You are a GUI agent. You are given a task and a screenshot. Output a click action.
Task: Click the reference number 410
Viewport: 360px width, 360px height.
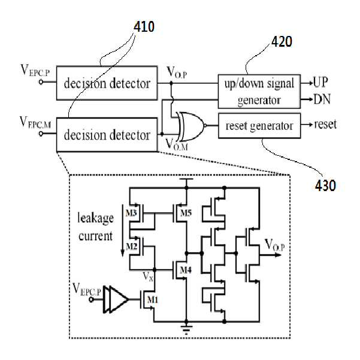pyautogui.click(x=144, y=27)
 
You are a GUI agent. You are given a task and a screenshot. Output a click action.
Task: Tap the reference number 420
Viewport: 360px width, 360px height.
pyautogui.click(x=282, y=42)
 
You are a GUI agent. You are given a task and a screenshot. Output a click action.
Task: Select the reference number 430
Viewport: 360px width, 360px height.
pyautogui.click(x=325, y=186)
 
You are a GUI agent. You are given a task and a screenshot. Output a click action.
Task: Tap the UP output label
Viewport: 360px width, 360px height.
pyautogui.click(x=320, y=82)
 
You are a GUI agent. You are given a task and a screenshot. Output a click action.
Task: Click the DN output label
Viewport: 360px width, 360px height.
pyautogui.click(x=322, y=99)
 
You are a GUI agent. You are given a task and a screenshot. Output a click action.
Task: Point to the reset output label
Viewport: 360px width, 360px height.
pyautogui.click(x=326, y=125)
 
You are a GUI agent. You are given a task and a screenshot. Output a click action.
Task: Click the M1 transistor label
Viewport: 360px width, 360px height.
pyautogui.click(x=153, y=300)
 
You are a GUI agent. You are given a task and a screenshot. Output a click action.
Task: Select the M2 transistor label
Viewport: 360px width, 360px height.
pyautogui.click(x=131, y=247)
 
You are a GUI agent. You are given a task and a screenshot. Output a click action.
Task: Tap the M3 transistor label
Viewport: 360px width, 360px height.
pyautogui.click(x=131, y=213)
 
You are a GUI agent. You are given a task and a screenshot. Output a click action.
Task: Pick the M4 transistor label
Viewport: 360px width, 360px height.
pyautogui.click(x=186, y=270)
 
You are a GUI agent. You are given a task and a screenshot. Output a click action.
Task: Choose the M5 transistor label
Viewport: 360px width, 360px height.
pyautogui.click(x=186, y=213)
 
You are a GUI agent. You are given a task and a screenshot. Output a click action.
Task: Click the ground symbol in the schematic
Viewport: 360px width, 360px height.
pyautogui.click(x=186, y=328)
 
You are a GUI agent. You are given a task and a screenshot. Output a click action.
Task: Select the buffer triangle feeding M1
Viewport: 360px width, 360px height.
pyautogui.click(x=116, y=300)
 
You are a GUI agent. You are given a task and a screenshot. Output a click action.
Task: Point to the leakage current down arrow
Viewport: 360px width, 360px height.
pyautogui.click(x=123, y=231)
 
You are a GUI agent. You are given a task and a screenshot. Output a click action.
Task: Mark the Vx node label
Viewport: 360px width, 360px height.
pyautogui.click(x=148, y=276)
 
